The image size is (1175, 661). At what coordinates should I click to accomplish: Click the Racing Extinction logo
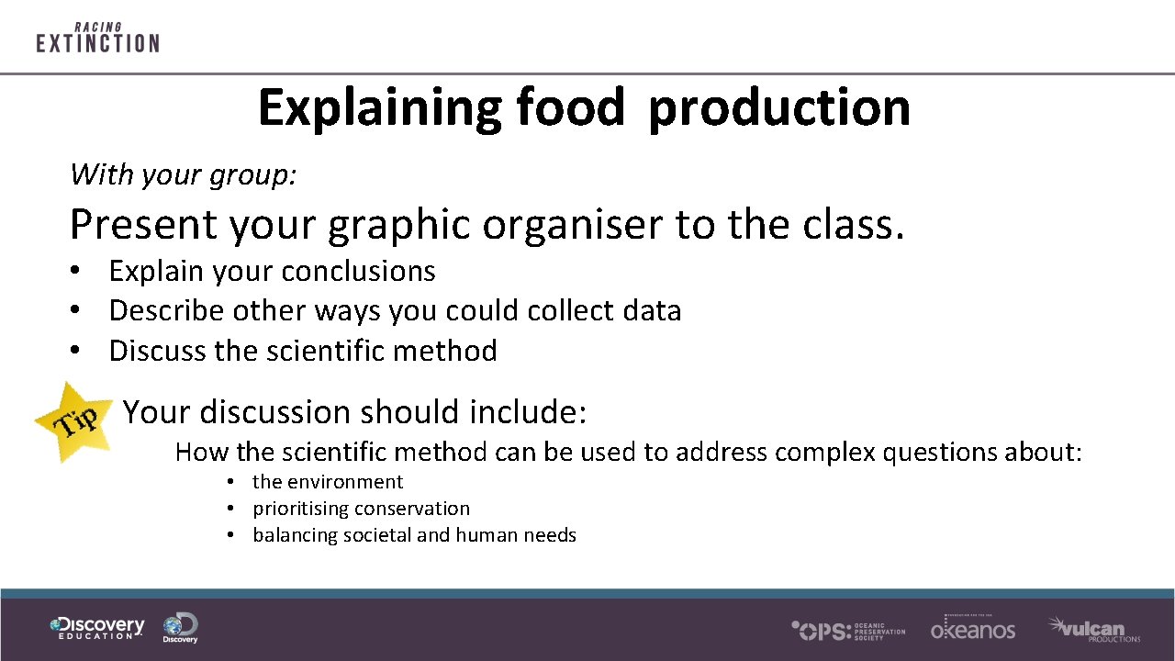[97, 38]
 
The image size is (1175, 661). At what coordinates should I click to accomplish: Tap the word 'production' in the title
[778, 107]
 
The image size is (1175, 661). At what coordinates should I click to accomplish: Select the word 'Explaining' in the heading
[379, 107]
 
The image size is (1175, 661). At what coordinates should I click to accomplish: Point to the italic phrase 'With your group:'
[184, 174]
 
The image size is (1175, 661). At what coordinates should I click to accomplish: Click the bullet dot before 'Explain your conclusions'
[78, 272]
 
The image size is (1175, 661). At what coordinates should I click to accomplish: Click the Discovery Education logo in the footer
[97, 628]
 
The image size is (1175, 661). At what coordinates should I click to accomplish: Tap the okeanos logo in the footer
[972, 628]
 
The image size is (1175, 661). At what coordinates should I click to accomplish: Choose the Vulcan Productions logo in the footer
[1093, 629]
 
